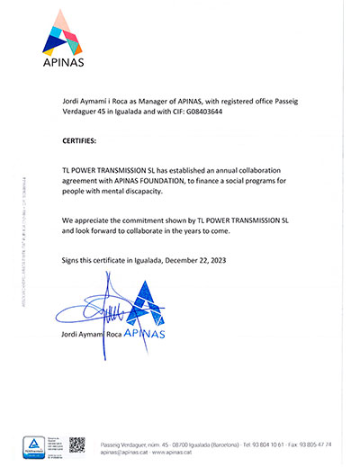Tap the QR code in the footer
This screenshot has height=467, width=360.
point(77,445)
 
